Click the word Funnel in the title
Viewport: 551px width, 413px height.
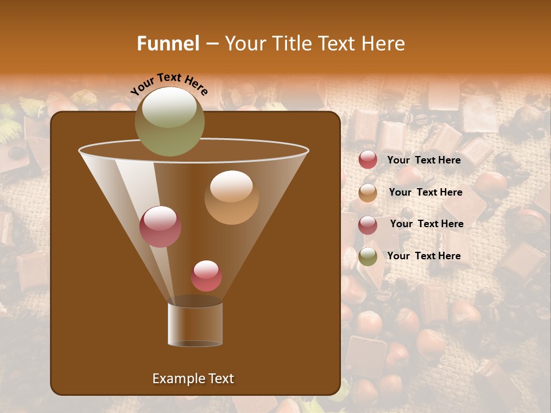[x=168, y=44]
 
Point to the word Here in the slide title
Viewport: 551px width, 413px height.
[x=383, y=44]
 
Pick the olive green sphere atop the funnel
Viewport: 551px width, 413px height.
[x=169, y=122]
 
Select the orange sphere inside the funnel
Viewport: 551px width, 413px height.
[x=231, y=197]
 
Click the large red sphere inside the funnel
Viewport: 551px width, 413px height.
[x=160, y=227]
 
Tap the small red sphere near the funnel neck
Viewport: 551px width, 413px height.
[x=206, y=276]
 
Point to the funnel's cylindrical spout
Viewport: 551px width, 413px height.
[x=195, y=324]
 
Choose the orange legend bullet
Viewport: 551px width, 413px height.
[x=368, y=193]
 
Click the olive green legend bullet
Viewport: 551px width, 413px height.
[x=368, y=256]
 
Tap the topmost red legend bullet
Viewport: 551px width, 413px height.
[x=368, y=160]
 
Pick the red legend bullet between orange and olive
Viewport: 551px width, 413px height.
[x=368, y=224]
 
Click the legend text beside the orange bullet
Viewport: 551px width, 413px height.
[x=425, y=193]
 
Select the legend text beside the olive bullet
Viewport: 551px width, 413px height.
[x=424, y=256]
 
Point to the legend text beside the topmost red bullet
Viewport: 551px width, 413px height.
[x=424, y=160]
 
